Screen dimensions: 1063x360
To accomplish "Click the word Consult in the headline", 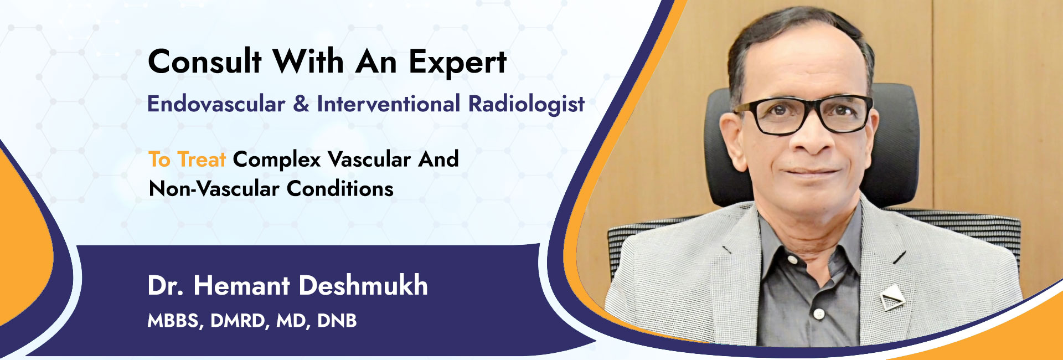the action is pyautogui.click(x=204, y=61).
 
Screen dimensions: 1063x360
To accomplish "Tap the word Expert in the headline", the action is pyautogui.click(x=457, y=63).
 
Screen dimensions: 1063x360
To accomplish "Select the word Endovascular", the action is pyautogui.click(x=216, y=104).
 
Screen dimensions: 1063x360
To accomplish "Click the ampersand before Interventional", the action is pyautogui.click(x=301, y=104).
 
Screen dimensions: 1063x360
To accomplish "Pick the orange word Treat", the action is pyautogui.click(x=201, y=160).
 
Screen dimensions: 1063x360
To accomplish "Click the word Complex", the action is pyautogui.click(x=276, y=160).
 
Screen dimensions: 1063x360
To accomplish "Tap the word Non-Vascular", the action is pyautogui.click(x=214, y=189).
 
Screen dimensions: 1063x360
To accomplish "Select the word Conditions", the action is pyautogui.click(x=340, y=189).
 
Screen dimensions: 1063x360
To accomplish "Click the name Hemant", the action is pyautogui.click(x=241, y=286).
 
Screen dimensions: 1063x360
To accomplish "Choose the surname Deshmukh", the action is pyautogui.click(x=363, y=286).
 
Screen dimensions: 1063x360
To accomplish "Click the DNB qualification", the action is pyautogui.click(x=337, y=321).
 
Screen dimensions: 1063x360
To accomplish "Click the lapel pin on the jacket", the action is pyautogui.click(x=891, y=299).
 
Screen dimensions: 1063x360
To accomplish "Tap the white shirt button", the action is pyautogui.click(x=819, y=314).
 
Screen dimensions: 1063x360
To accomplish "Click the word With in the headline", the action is pyautogui.click(x=308, y=61).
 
